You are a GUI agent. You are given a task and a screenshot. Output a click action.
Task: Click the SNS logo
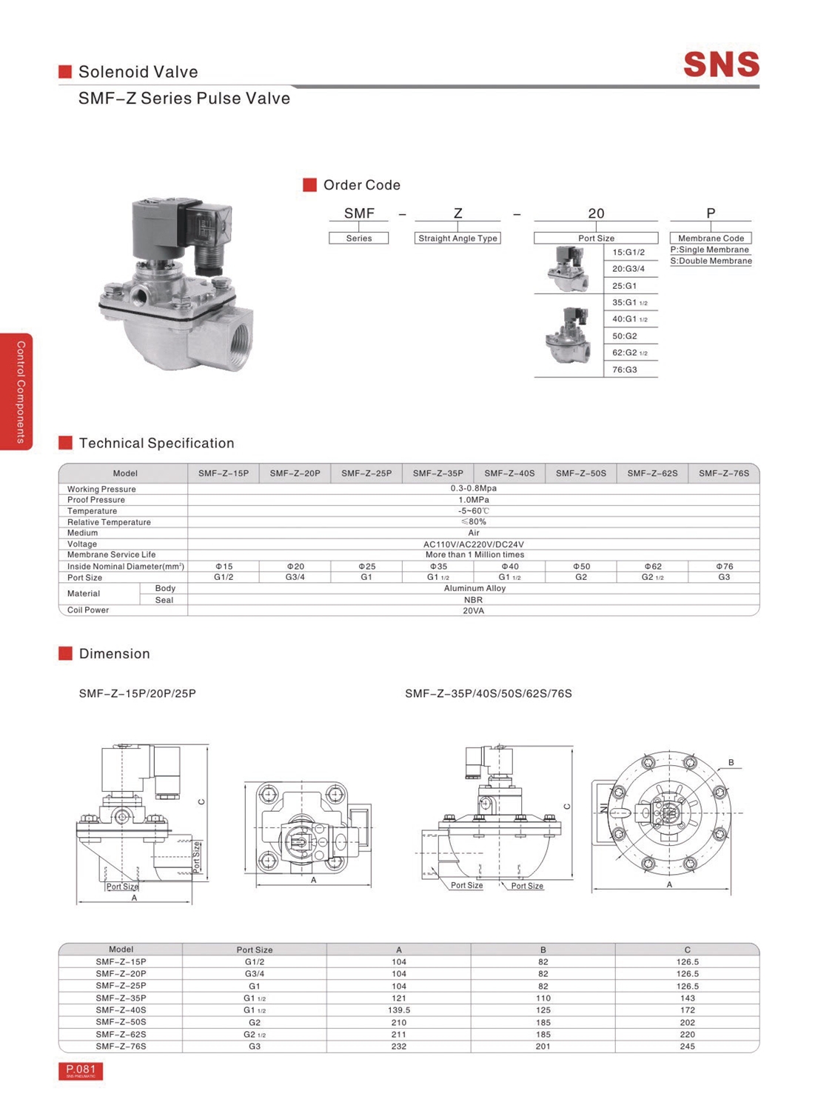(x=721, y=64)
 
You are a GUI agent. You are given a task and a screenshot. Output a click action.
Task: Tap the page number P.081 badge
(x=81, y=1070)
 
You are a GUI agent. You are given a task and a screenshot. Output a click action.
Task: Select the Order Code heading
(x=361, y=185)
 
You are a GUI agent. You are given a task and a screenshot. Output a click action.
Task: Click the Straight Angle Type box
(x=457, y=238)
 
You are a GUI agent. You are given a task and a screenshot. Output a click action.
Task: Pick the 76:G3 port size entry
(x=624, y=370)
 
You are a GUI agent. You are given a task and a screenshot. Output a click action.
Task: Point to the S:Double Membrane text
(x=711, y=261)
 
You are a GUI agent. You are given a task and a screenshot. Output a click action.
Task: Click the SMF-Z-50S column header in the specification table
(x=580, y=473)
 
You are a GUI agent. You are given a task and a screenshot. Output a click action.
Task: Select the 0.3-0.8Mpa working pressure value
(x=473, y=489)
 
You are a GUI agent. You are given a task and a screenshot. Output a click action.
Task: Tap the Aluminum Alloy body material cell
(x=474, y=588)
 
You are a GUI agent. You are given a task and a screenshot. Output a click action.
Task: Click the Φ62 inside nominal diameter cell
(x=652, y=567)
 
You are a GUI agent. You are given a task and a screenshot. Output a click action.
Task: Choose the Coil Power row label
(x=88, y=610)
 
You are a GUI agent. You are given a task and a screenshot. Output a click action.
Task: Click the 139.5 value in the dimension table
(x=398, y=1010)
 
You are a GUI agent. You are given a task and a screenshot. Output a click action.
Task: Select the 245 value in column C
(x=687, y=1047)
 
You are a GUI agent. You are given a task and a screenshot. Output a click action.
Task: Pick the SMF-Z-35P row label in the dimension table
(x=121, y=998)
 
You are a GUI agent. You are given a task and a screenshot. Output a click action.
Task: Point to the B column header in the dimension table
(x=543, y=950)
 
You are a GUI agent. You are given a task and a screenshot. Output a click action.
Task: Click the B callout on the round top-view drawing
(x=731, y=762)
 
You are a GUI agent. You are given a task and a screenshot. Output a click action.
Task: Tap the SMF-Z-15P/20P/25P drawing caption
(x=138, y=694)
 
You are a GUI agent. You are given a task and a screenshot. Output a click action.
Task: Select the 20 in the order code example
(x=596, y=213)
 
